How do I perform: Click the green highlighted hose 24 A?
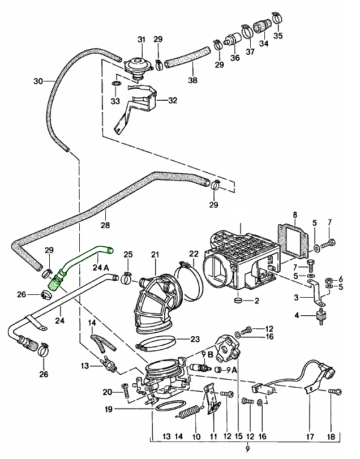click(x=79, y=261)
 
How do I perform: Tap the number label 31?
click(x=141, y=39)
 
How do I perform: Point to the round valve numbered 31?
click(x=136, y=65)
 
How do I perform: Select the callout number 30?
click(x=38, y=81)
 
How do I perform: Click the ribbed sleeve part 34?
click(x=262, y=26)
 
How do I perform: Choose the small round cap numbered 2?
click(x=238, y=299)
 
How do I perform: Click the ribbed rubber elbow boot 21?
click(x=155, y=300)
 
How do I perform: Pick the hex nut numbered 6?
click(x=328, y=280)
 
